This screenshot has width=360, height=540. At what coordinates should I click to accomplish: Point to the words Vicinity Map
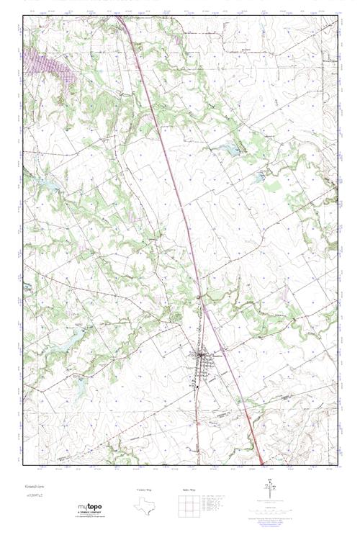point(144,490)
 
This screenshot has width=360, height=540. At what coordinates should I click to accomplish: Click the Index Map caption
point(189,490)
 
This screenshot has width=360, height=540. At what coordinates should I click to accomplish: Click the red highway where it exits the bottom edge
point(259,462)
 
